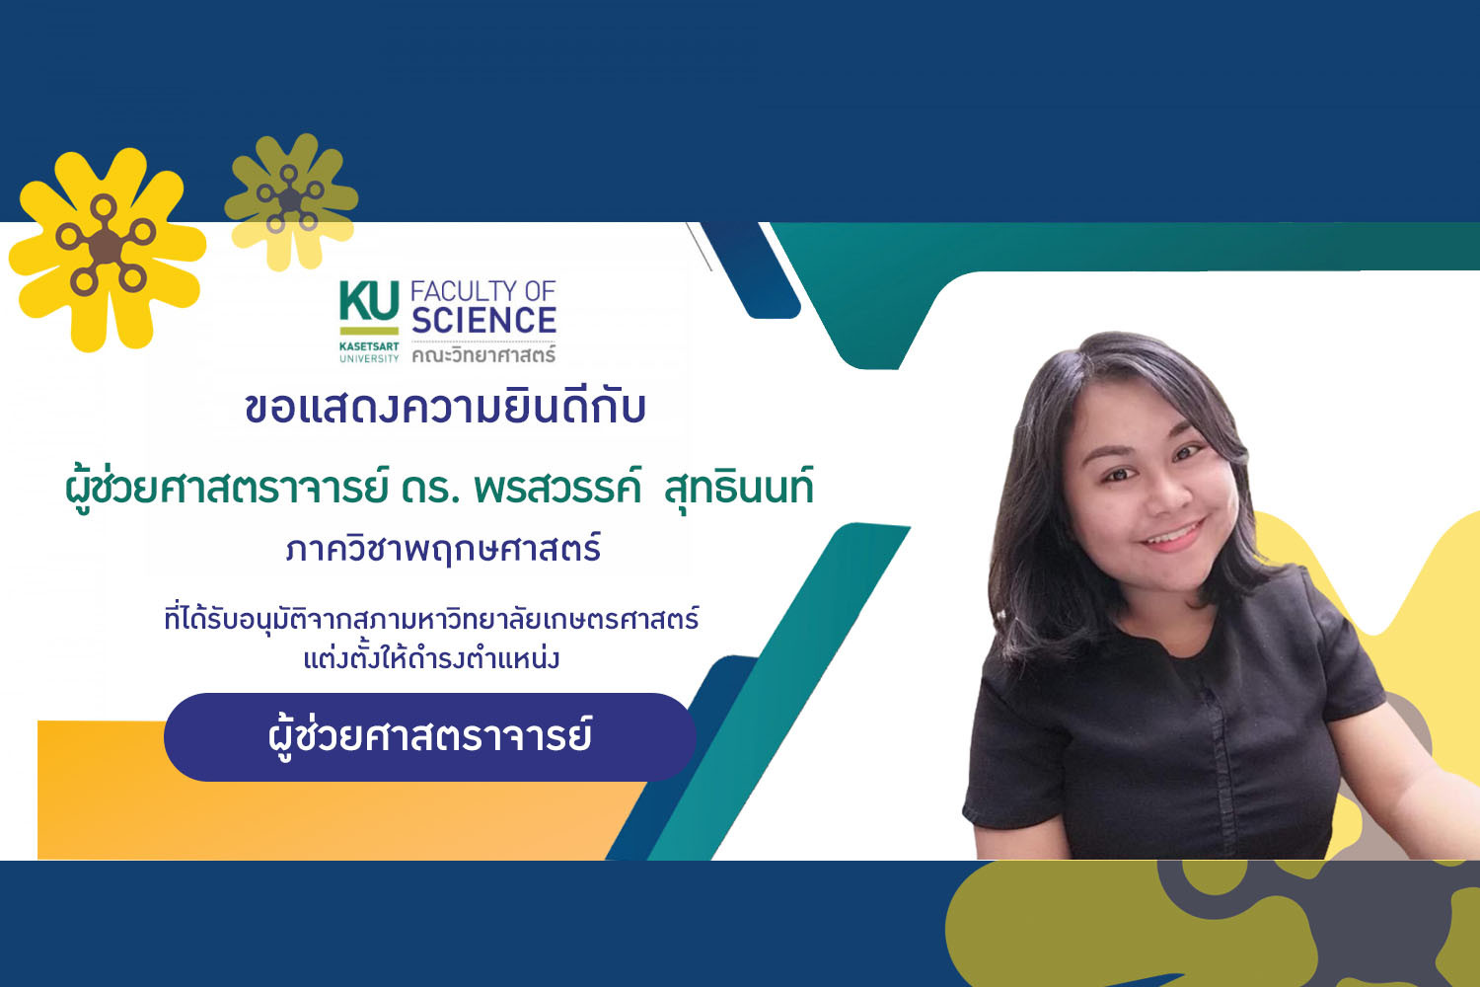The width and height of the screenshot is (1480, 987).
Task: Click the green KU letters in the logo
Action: pyautogui.click(x=369, y=301)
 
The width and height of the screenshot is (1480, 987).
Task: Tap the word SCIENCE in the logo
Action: pyautogui.click(x=483, y=320)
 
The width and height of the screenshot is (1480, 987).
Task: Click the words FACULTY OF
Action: pyautogui.click(x=483, y=291)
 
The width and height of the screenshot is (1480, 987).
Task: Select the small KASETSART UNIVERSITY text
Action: pyautogui.click(x=369, y=352)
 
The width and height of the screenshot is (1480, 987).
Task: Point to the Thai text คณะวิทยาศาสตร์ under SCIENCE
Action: pyautogui.click(x=483, y=354)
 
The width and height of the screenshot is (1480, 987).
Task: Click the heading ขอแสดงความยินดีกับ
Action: pyautogui.click(x=445, y=408)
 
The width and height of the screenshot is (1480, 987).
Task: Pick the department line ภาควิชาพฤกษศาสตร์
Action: pyautogui.click(x=443, y=548)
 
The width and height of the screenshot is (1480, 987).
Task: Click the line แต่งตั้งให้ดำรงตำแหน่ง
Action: pyautogui.click(x=431, y=656)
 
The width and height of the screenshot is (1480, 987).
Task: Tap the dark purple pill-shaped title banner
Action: pyautogui.click(x=429, y=737)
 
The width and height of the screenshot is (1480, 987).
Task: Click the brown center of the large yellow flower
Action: pyautogui.click(x=105, y=246)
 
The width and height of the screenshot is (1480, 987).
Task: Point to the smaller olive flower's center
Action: pyautogui.click(x=289, y=199)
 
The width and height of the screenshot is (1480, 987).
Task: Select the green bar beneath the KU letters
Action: pyautogui.click(x=369, y=331)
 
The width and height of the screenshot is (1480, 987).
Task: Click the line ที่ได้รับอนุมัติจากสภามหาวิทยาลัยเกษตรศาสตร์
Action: pyautogui.click(x=431, y=620)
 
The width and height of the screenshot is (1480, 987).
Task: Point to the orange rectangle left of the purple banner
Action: pyautogui.click(x=99, y=790)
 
